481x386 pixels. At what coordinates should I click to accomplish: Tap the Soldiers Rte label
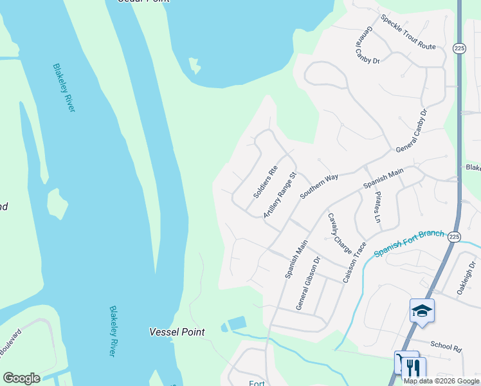tap(265, 182)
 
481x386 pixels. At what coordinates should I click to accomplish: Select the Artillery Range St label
tap(280, 195)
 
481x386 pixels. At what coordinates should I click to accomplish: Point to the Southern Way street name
tap(318, 186)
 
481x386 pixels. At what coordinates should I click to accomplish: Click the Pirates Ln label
tap(377, 207)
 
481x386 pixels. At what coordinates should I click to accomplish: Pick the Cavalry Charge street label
tap(340, 232)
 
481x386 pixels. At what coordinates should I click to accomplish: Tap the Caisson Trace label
tap(355, 262)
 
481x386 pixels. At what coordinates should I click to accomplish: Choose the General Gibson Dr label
tap(308, 284)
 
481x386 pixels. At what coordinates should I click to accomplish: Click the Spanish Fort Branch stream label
tap(409, 243)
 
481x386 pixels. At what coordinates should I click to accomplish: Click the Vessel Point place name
tap(177, 332)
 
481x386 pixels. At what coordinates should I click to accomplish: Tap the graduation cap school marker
tap(422, 311)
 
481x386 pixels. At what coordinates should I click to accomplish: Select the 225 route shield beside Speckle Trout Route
tap(458, 48)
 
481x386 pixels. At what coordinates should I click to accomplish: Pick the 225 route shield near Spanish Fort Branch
tap(455, 237)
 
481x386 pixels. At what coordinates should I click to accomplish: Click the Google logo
tap(21, 378)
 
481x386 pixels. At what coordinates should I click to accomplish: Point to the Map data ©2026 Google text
tap(441, 381)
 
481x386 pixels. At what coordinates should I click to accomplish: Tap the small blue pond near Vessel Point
tap(236, 323)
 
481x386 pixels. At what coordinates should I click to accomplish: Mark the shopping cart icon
tap(401, 362)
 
